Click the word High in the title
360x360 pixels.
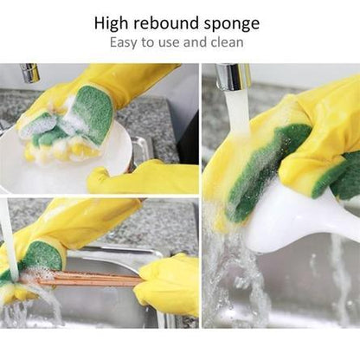pyautogui.click(x=115, y=23)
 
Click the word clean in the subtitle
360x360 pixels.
pyautogui.click(x=227, y=42)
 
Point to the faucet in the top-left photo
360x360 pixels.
pyautogui.click(x=30, y=73)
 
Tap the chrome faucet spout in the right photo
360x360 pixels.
pyautogui.click(x=233, y=78)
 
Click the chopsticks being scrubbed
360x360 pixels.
pyautogui.click(x=91, y=279)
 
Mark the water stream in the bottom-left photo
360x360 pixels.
pyautogui.click(x=8, y=234)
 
